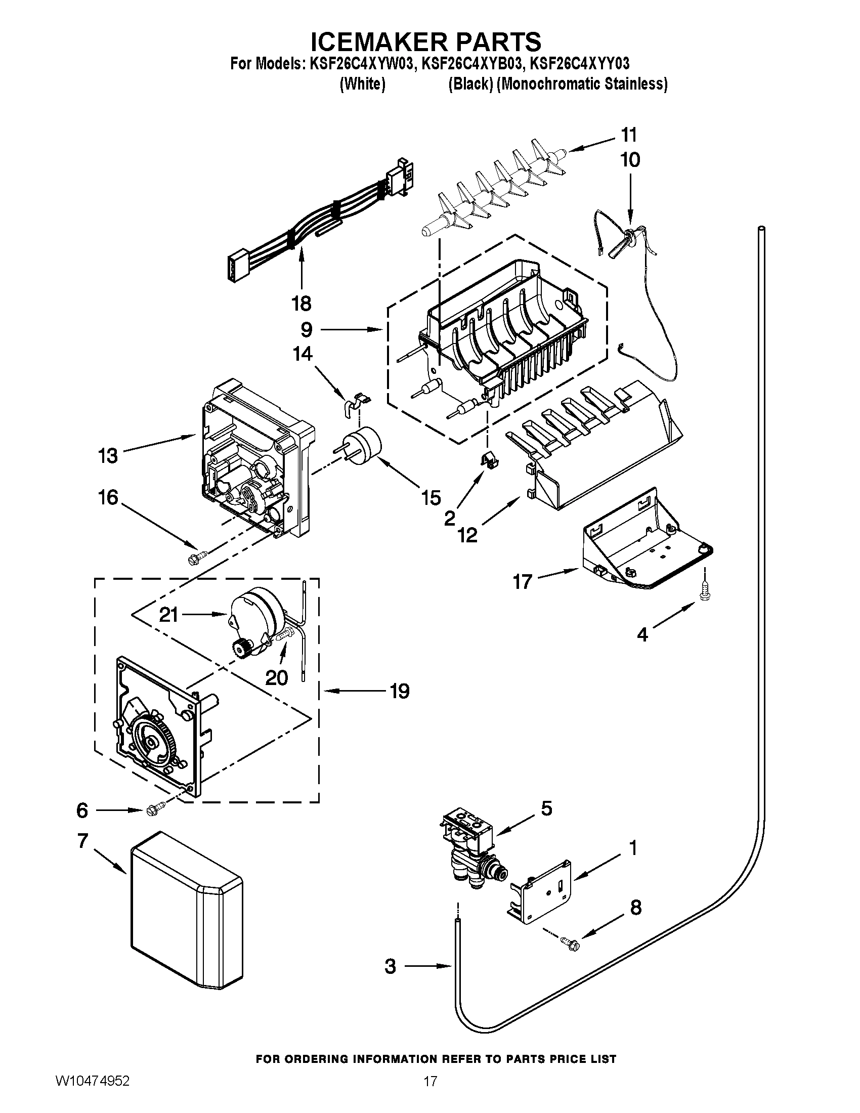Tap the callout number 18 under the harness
pos(302,304)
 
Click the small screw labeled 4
pos(705,590)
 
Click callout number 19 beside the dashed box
pos(400,692)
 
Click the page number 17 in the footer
pos(431,1092)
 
